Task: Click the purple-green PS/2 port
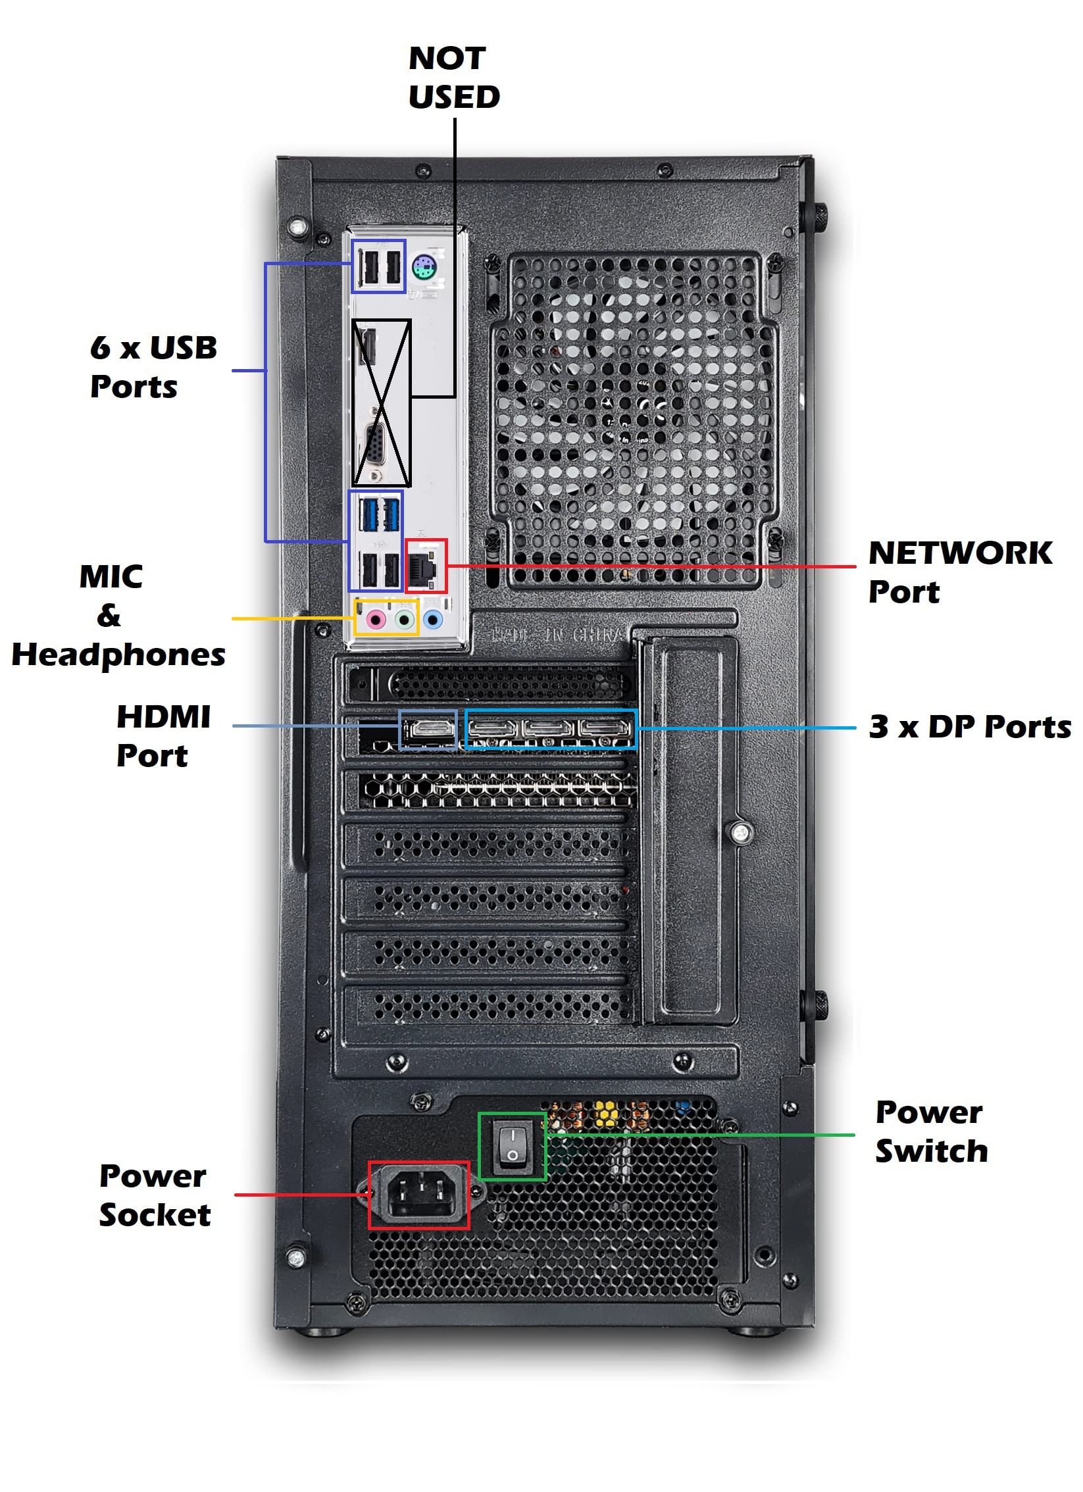425,267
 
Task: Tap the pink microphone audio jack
375,619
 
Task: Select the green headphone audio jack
405,619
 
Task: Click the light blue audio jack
432,619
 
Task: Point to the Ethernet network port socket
424,566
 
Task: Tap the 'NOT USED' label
454,78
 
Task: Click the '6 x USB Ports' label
153,367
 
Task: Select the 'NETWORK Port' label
960,572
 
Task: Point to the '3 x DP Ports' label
970,727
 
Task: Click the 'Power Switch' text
930,1131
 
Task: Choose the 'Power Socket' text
155,1195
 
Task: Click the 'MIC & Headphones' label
118,616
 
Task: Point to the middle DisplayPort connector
549,728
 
